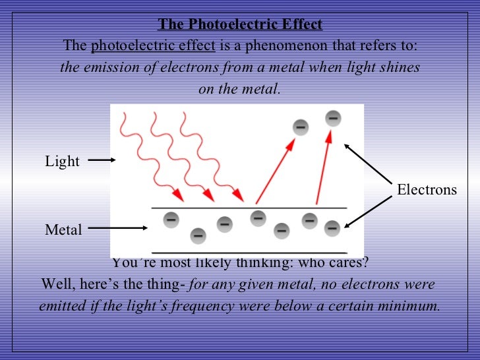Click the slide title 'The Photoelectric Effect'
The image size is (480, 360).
(x=240, y=25)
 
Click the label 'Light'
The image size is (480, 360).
(x=62, y=162)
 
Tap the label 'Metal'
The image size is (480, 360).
(x=63, y=230)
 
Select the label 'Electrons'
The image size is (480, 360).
(x=427, y=190)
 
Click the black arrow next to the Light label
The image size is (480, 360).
(x=102, y=159)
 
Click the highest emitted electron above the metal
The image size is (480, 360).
(x=333, y=119)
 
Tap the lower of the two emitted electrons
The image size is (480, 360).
(x=300, y=126)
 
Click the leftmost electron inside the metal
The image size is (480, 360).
(x=170, y=217)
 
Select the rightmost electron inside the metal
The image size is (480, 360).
(x=332, y=228)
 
